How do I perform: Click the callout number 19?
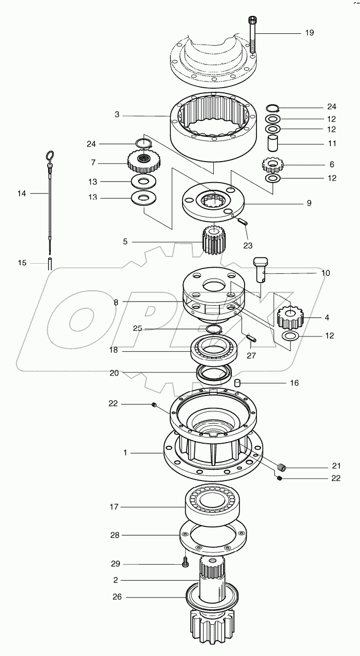point(309,33)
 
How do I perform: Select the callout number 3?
point(117,115)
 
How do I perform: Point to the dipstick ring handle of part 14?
point(50,155)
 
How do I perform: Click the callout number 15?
point(22,263)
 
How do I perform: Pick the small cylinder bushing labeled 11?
point(273,143)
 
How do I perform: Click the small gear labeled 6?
point(273,165)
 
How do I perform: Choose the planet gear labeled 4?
point(290,317)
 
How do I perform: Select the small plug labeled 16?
point(238,383)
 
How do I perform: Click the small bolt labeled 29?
point(185,564)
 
